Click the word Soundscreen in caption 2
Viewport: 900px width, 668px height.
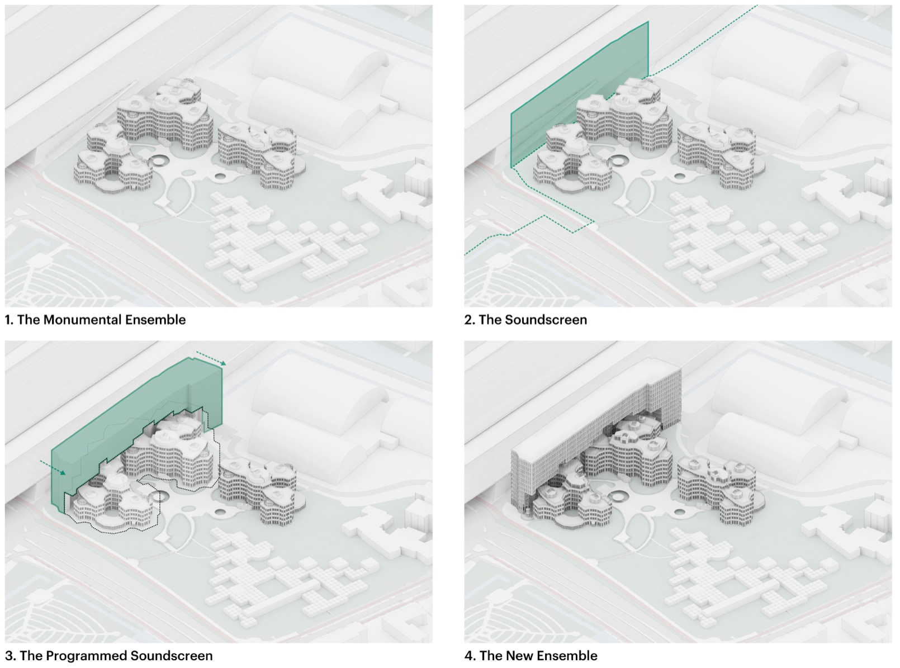[546, 320]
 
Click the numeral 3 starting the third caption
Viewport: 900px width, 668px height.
[8, 656]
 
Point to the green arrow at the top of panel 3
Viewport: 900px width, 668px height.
[211, 358]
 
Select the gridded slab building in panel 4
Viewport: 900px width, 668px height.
[593, 425]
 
